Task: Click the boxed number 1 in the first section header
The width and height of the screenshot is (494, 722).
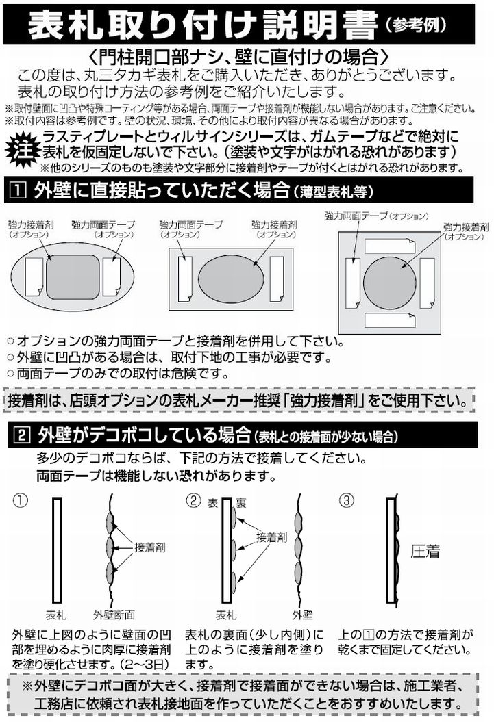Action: coord(18,190)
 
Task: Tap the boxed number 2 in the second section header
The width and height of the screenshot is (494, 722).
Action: coord(23,435)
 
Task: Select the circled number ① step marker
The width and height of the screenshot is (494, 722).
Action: coord(21,500)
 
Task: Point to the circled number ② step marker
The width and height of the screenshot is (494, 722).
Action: coord(193,500)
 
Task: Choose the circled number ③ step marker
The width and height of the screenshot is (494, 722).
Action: coord(346,500)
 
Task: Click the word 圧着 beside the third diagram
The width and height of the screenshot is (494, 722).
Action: coord(425,551)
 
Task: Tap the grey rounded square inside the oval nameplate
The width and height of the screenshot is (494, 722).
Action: coord(73,276)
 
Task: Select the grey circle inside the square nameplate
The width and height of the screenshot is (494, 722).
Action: coord(390,283)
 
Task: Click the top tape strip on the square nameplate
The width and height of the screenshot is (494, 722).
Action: coord(390,246)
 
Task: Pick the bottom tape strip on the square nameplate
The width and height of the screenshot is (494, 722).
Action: coord(390,320)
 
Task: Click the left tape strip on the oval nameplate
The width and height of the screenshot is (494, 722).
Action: coord(34,276)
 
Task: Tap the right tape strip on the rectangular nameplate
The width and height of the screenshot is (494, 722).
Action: coord(277,279)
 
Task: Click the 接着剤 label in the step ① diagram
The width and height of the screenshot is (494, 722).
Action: coord(150,547)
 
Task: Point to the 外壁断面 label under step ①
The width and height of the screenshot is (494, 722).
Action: coord(114,615)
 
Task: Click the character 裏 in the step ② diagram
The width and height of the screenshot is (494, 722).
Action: coord(240,503)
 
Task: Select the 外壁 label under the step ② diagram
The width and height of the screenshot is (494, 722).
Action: coord(302,615)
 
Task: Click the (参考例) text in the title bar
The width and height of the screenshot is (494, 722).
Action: coord(415,24)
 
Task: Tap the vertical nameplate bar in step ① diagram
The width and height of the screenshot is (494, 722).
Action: coord(57,550)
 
